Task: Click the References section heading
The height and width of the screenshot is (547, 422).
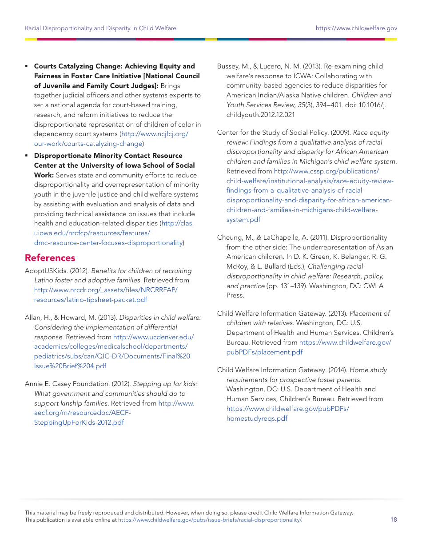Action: [x=50, y=258]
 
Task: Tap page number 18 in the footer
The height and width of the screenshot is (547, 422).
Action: [x=394, y=519]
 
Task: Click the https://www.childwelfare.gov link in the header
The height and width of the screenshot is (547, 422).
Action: [x=356, y=28]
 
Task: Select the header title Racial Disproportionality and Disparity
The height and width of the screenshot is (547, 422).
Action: [x=100, y=28]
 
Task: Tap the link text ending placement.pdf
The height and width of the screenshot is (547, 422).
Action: [x=264, y=352]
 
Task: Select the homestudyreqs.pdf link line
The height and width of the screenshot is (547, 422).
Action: [x=257, y=418]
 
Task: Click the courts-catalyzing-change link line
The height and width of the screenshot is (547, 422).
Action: [x=88, y=144]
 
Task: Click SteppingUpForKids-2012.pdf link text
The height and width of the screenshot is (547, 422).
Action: [x=79, y=422]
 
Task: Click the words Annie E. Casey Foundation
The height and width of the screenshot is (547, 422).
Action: [x=67, y=384]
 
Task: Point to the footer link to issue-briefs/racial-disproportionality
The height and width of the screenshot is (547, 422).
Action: [x=210, y=519]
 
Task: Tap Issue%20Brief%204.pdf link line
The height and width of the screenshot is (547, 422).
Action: [x=70, y=366]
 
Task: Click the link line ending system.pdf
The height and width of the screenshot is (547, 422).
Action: [x=243, y=220]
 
